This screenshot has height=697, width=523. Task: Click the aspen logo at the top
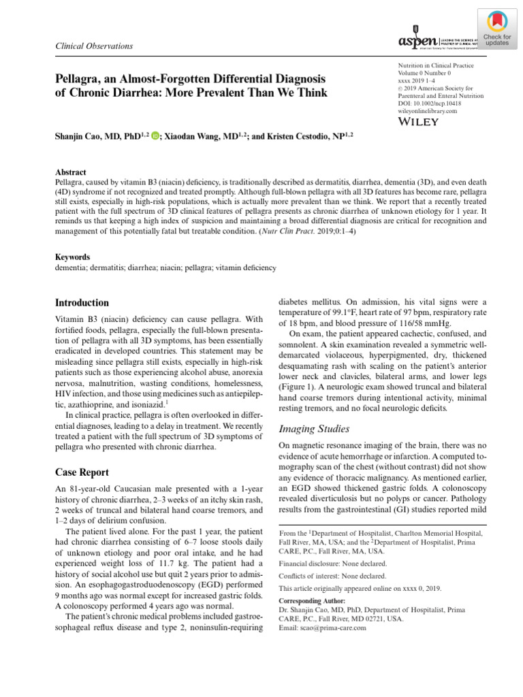click(416, 43)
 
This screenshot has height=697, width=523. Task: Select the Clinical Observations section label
click(93, 46)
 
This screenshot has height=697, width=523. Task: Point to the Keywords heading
click(72, 257)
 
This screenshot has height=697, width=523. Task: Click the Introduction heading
click(82, 303)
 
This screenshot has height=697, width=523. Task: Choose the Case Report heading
click(82, 472)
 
